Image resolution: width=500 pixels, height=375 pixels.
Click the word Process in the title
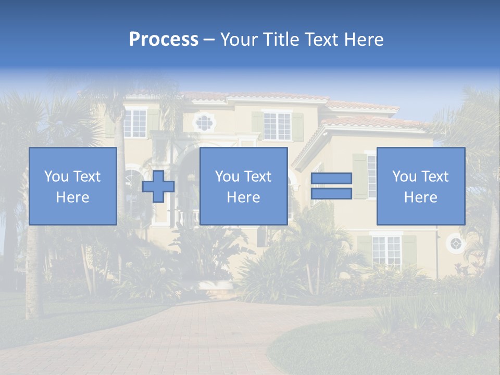pyautogui.click(x=164, y=40)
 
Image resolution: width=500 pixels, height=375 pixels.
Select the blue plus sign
pyautogui.click(x=158, y=186)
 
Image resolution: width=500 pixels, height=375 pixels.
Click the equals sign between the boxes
pyautogui.click(x=331, y=186)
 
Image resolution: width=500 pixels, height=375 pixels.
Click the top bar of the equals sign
pyautogui.click(x=331, y=179)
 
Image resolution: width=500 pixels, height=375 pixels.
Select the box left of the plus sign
pyautogui.click(x=73, y=186)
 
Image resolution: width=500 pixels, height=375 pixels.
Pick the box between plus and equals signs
pyautogui.click(x=243, y=186)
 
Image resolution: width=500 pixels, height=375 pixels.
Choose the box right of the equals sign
pyautogui.click(x=420, y=186)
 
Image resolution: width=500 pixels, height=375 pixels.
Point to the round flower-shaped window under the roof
pyautogui.click(x=204, y=122)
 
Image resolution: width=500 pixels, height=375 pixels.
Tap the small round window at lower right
pyautogui.click(x=456, y=243)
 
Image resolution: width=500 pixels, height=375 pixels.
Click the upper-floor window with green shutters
pyautogui.click(x=277, y=126)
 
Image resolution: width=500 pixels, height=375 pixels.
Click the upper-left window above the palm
pyautogui.click(x=135, y=123)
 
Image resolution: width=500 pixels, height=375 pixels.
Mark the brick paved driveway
pyautogui.click(x=208, y=339)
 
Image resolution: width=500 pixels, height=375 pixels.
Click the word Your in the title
pyautogui.click(x=238, y=40)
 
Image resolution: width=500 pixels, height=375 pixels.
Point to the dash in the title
pyautogui.click(x=209, y=40)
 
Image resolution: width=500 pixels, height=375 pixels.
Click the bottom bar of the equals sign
pyautogui.click(x=331, y=194)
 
